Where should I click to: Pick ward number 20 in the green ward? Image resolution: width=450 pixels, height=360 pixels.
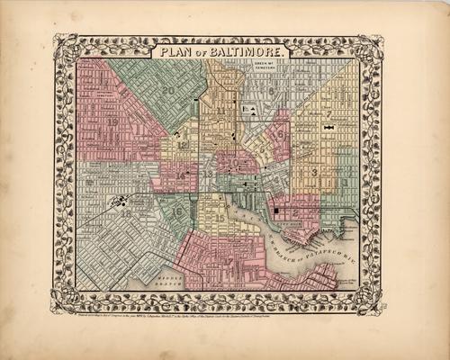168,89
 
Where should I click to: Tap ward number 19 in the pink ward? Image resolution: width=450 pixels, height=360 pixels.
112,121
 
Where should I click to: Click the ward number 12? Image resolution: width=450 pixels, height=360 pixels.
183,144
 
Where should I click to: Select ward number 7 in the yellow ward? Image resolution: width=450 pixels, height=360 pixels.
329,114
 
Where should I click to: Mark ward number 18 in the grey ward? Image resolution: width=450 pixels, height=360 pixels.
126,213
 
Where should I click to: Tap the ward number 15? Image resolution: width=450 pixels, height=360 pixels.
220,219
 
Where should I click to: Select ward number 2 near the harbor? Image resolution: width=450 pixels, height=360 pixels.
296,209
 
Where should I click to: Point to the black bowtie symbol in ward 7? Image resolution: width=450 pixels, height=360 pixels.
329,129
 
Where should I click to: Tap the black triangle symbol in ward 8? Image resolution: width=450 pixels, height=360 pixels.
255,110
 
